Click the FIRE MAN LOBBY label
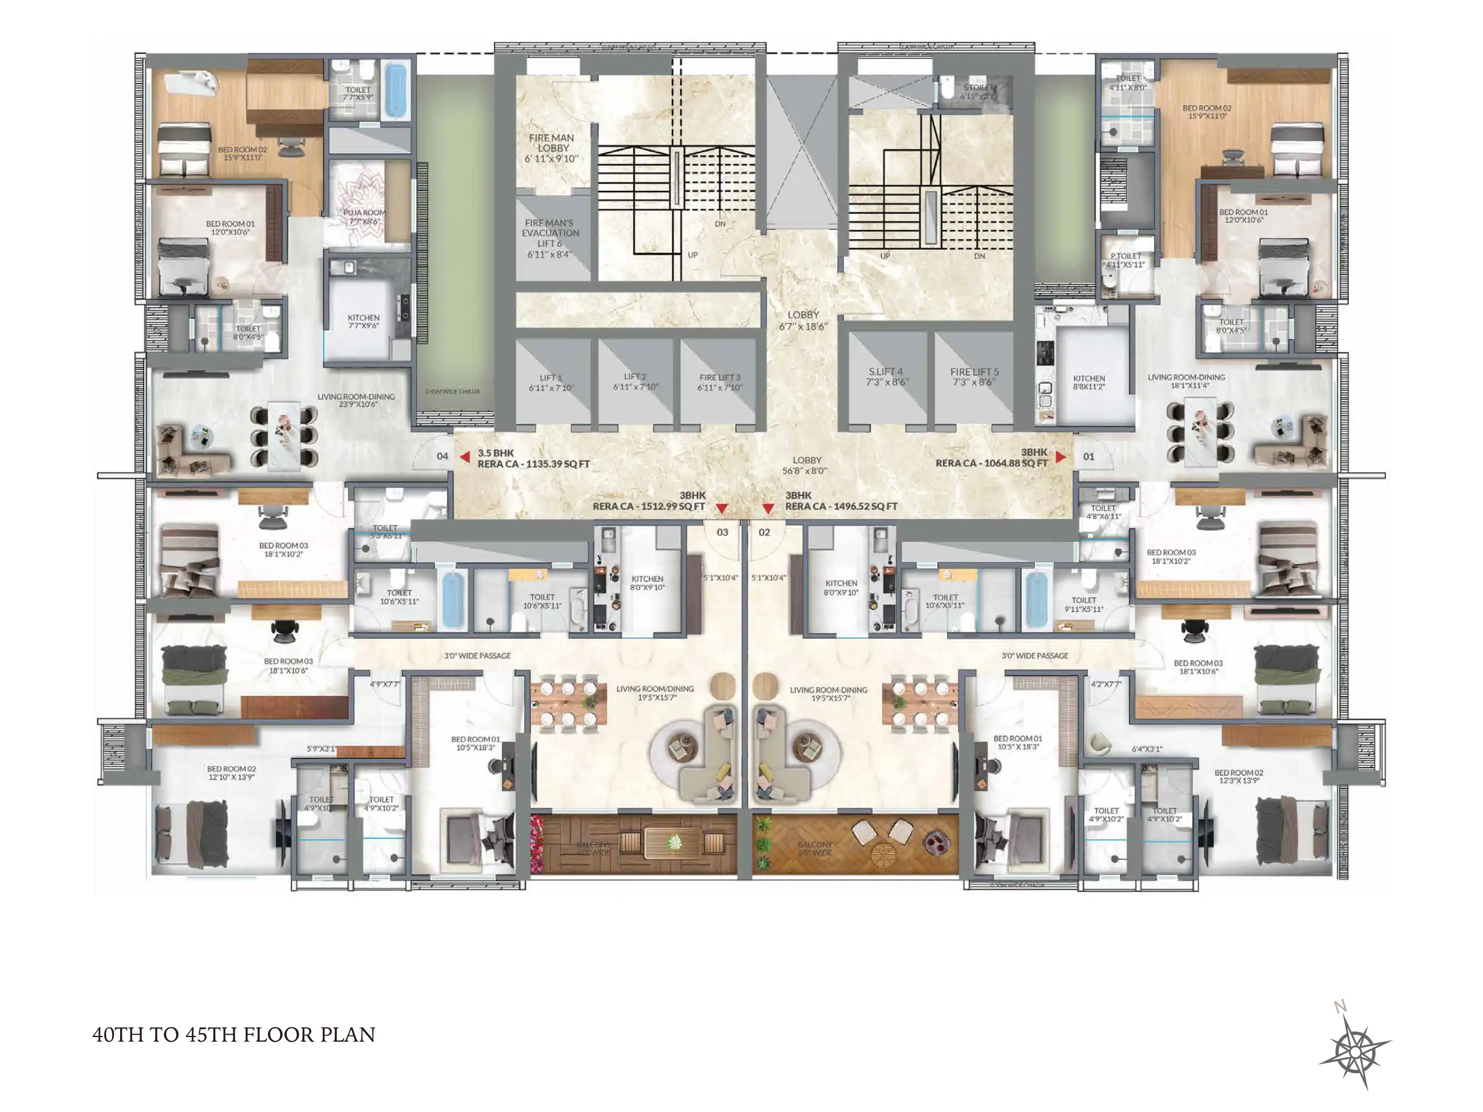pyautogui.click(x=551, y=148)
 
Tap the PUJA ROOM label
pyautogui.click(x=364, y=216)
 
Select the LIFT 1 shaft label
pyautogui.click(x=551, y=382)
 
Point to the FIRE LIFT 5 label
pyautogui.click(x=974, y=377)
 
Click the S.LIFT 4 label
pyautogui.click(x=886, y=377)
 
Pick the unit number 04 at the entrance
pyautogui.click(x=442, y=456)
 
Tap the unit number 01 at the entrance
pyautogui.click(x=1089, y=456)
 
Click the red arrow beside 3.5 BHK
pyautogui.click(x=465, y=456)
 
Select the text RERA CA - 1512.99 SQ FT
pyautogui.click(x=648, y=506)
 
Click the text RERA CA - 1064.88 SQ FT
pyautogui.click(x=992, y=463)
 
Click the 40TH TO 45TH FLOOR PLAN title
pyautogui.click(x=233, y=1035)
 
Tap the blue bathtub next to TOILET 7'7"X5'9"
pyautogui.click(x=395, y=90)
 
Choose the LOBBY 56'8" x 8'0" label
pyautogui.click(x=807, y=465)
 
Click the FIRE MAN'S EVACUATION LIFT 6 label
pyautogui.click(x=550, y=238)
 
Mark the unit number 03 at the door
pyautogui.click(x=722, y=532)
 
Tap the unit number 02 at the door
pyautogui.click(x=764, y=532)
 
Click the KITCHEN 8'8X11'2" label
pyautogui.click(x=1089, y=382)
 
